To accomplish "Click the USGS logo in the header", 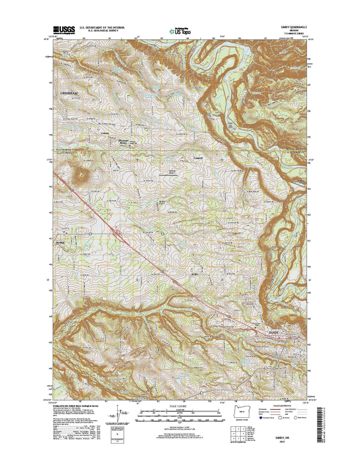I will [64, 30].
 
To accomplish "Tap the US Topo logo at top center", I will [180, 31].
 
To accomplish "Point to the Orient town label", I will [105, 133].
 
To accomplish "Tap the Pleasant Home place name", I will [123, 142].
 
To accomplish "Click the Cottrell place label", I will [198, 158].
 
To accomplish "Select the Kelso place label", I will [195, 274].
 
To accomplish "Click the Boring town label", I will [60, 242].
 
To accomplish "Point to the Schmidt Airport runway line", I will [168, 175].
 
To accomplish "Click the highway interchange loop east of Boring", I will [118, 232].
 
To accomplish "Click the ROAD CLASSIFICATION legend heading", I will [282, 406].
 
